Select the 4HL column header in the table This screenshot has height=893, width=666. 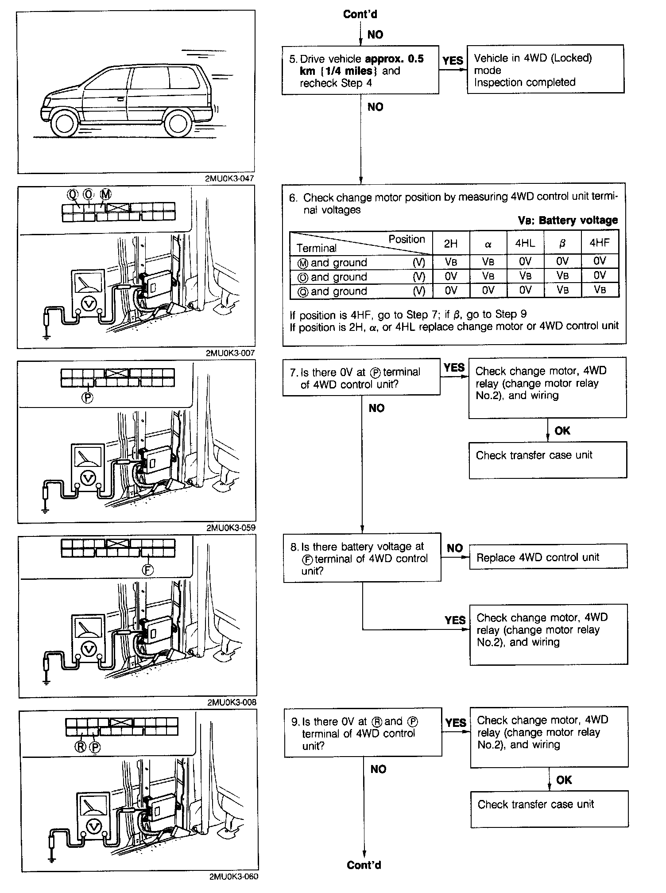525,243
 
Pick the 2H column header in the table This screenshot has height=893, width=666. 451,243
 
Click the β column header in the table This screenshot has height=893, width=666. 562,243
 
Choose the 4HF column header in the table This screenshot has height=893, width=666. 600,243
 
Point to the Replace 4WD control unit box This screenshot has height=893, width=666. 548,557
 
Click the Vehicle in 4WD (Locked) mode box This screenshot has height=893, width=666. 546,70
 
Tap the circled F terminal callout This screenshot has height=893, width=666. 147,570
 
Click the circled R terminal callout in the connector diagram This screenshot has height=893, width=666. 81,747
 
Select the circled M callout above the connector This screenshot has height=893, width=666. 106,194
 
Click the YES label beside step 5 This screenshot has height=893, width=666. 453,60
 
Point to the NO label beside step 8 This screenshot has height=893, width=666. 455,548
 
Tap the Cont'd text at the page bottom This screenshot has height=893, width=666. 364,865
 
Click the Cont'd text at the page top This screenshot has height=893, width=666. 360,14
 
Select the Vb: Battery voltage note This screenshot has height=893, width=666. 568,220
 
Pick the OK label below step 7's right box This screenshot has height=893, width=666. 562,431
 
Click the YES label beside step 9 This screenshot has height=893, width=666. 456,723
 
